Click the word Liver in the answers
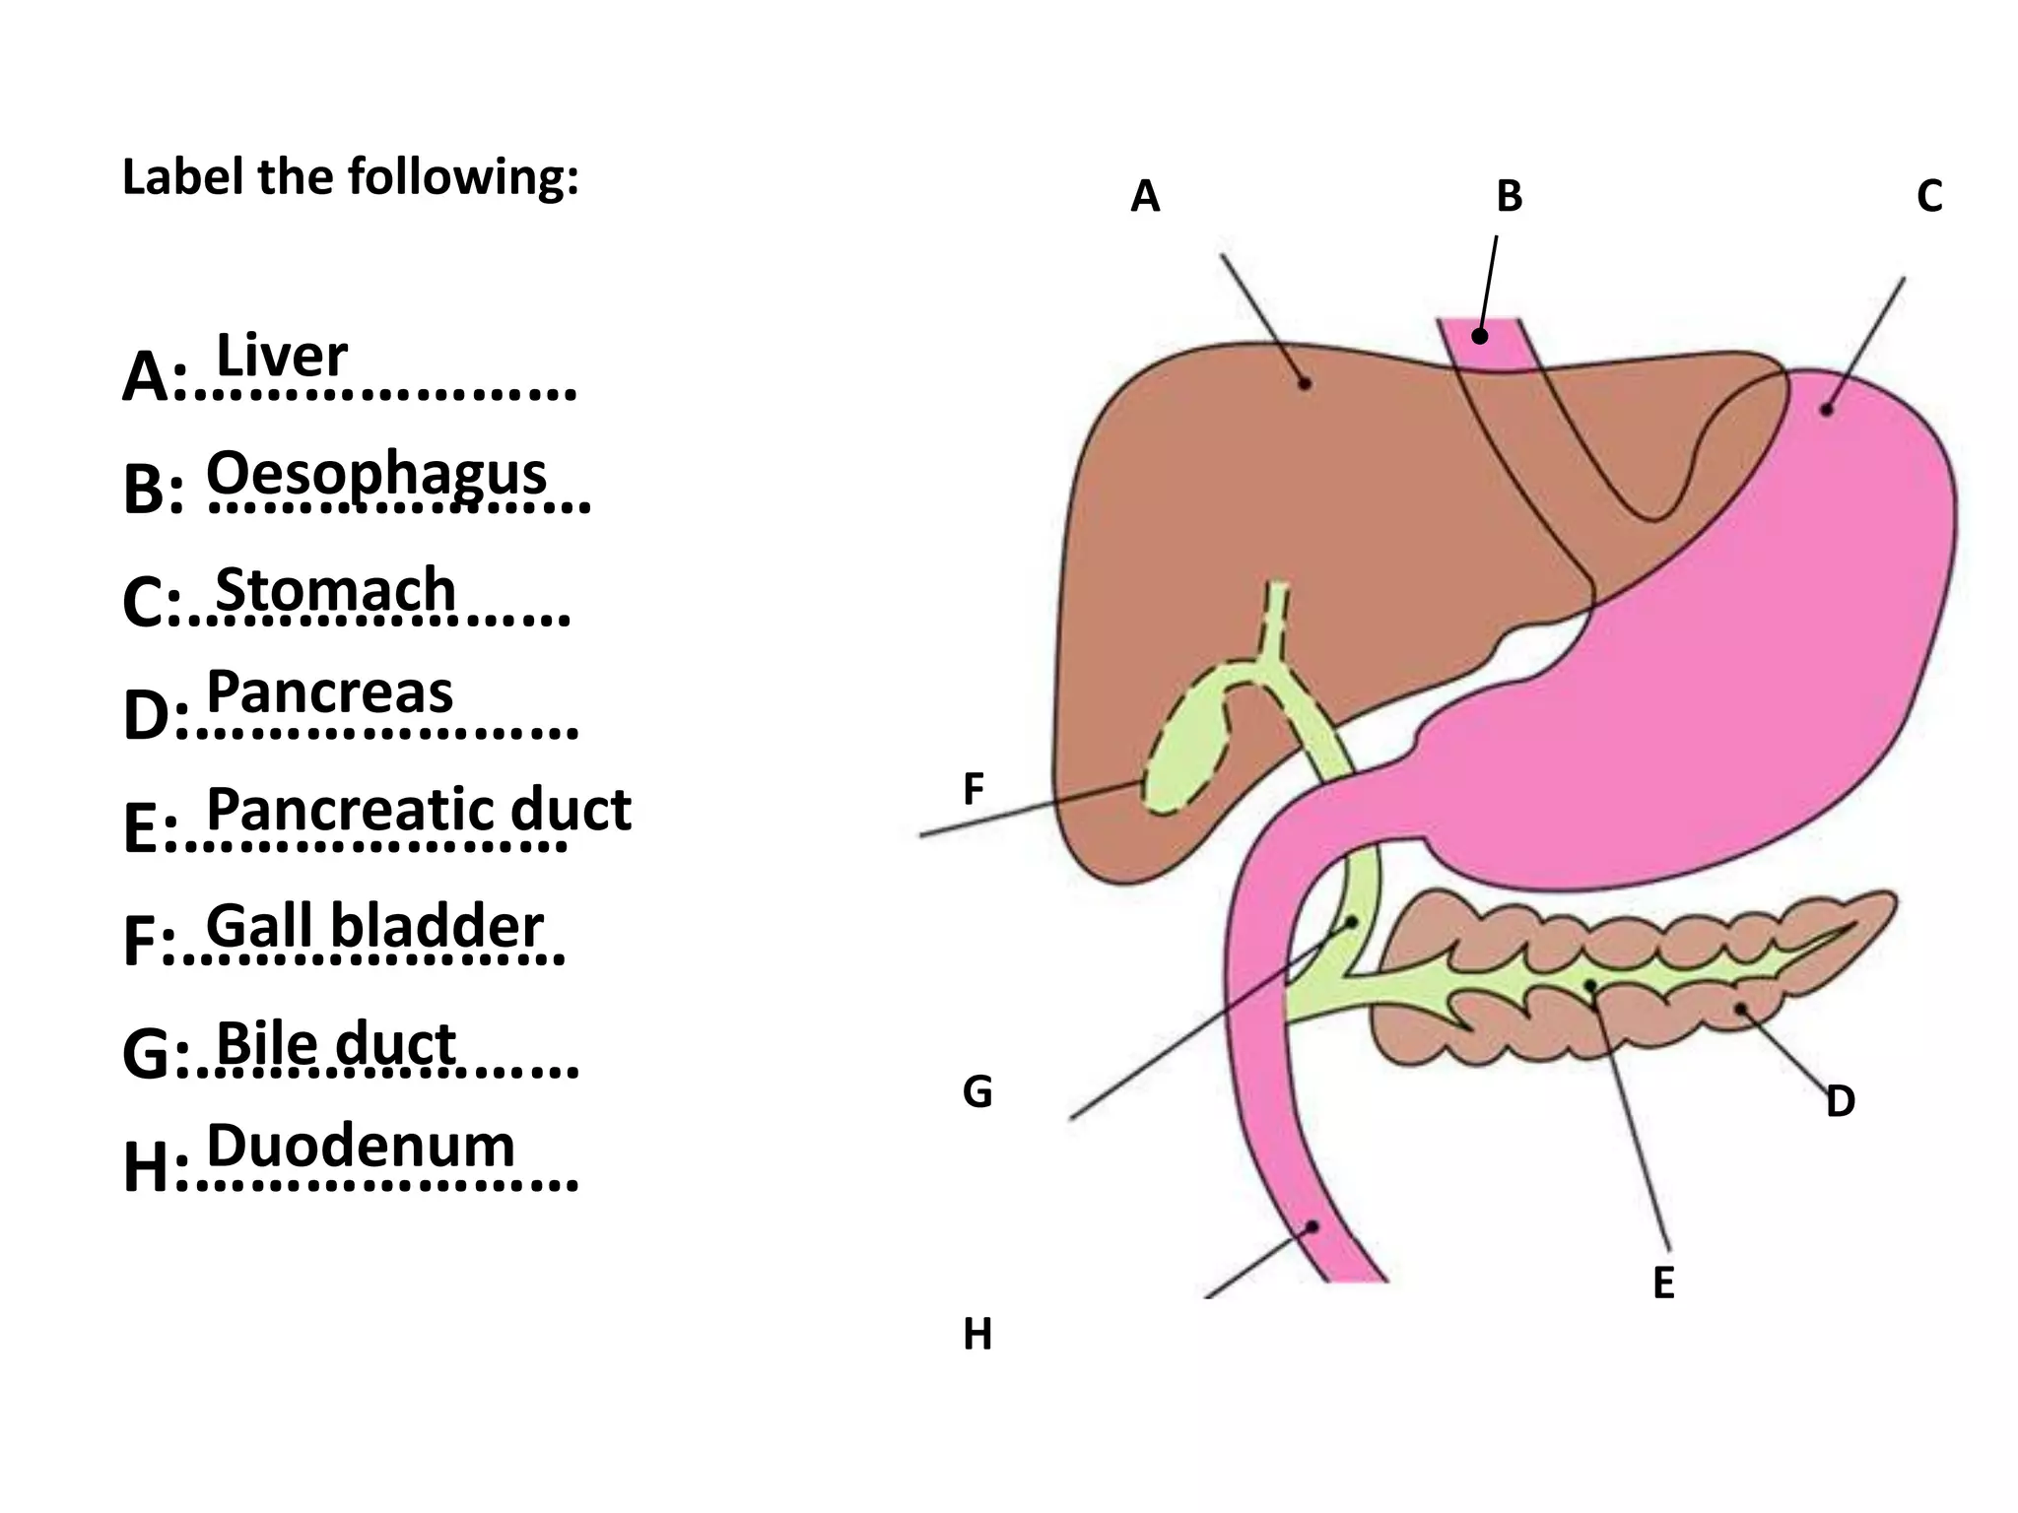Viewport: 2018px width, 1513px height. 281,356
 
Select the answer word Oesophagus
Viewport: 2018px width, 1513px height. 375,474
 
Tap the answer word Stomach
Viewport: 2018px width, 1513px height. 335,590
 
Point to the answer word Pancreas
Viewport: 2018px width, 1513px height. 329,691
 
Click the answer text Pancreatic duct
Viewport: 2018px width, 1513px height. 418,810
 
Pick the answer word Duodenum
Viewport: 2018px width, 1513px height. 361,1146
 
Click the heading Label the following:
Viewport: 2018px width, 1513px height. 350,178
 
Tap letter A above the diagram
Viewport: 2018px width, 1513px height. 1145,197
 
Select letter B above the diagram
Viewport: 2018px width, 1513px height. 1509,197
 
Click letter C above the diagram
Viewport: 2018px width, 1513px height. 1929,197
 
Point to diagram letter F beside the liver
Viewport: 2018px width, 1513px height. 973,789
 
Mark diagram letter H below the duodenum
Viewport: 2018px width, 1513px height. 976,1335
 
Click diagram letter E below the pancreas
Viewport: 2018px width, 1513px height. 1663,1283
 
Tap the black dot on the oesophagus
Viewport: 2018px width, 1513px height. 1479,337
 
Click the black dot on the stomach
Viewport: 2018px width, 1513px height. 1826,409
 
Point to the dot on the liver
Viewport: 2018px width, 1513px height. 1305,383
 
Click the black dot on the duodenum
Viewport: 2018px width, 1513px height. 1312,1226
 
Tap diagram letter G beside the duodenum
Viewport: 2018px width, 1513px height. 976,1092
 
